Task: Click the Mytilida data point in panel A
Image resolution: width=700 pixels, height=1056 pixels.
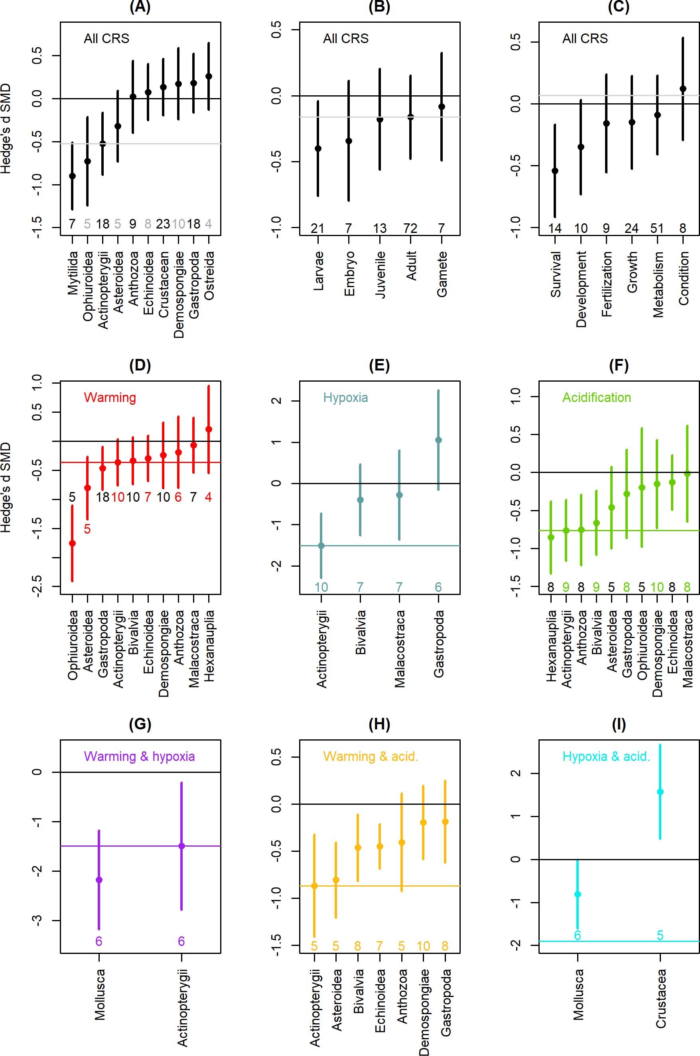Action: [72, 176]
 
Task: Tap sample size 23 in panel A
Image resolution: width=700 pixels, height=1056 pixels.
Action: [163, 224]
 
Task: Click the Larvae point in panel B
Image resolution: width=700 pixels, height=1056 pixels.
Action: [318, 149]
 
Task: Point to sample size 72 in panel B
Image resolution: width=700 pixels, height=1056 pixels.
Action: [410, 229]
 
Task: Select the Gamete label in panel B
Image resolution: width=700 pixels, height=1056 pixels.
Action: [442, 274]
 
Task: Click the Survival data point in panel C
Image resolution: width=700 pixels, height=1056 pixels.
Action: [555, 171]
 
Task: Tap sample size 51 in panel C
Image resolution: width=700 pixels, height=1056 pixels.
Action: [657, 229]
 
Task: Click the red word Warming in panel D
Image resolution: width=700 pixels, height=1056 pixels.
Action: [110, 398]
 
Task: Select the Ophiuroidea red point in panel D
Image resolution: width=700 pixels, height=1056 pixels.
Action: [72, 543]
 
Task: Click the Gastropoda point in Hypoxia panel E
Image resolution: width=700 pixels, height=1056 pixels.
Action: [438, 440]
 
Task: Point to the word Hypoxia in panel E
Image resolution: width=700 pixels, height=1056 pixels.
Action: [345, 398]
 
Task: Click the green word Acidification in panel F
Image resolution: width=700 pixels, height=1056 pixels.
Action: [596, 398]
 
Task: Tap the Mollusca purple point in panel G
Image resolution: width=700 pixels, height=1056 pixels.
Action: [99, 880]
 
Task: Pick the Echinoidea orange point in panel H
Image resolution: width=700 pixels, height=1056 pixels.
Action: [380, 846]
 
